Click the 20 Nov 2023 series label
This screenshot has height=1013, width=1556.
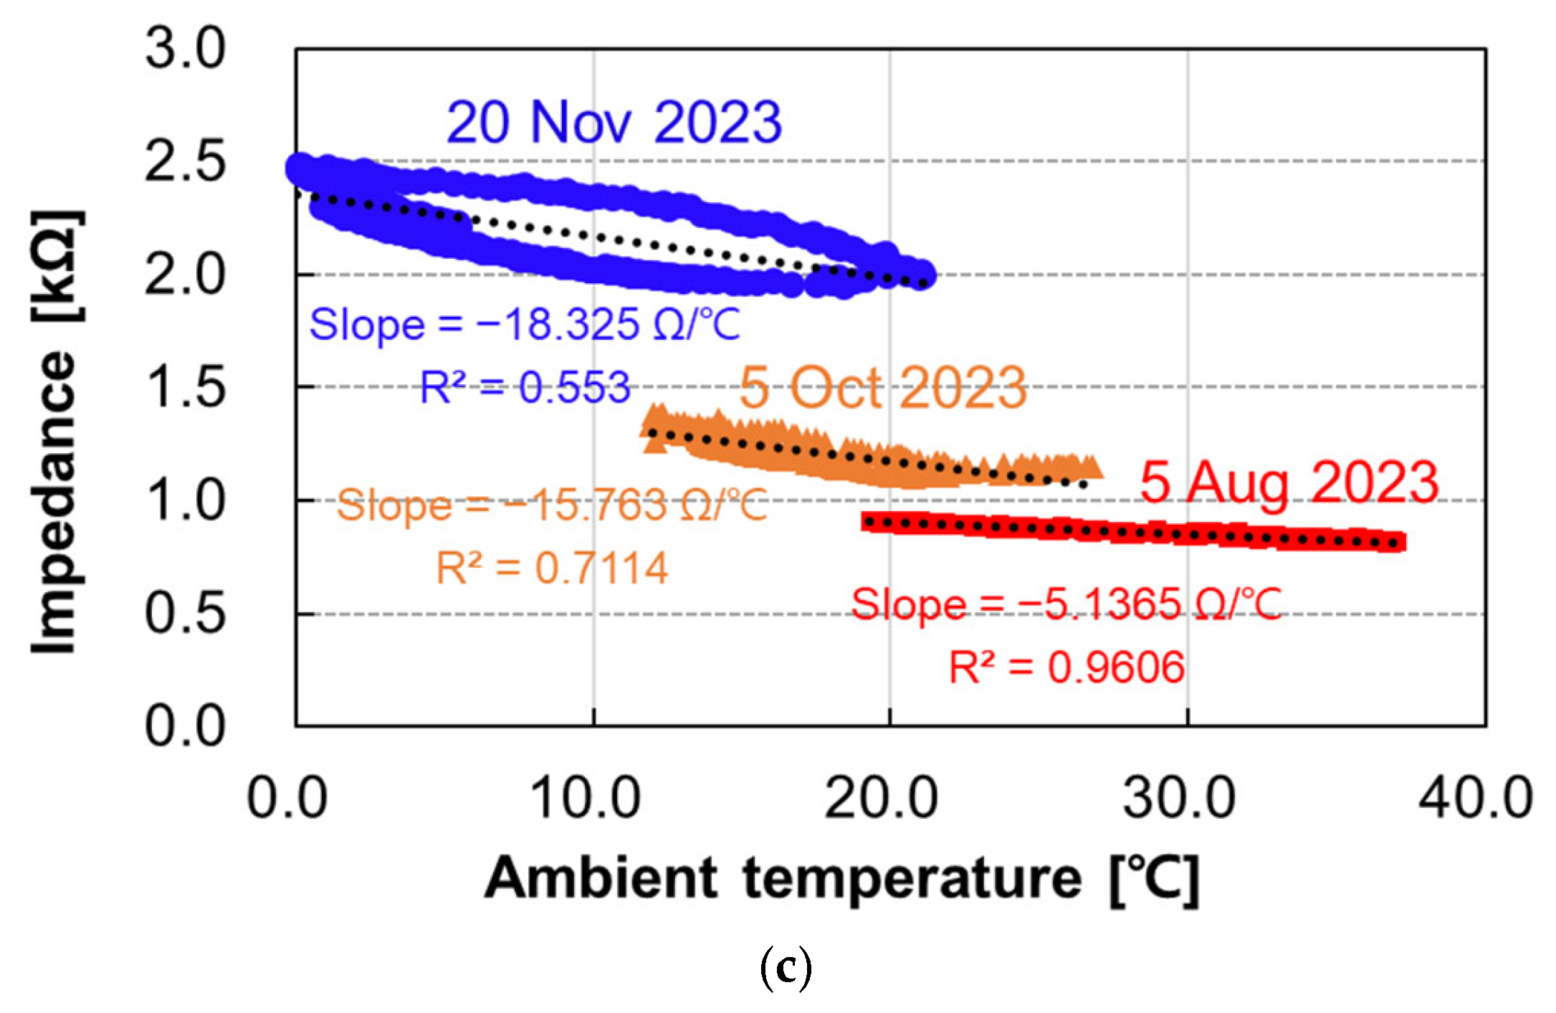[x=614, y=123]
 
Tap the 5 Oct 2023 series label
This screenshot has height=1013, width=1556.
[x=883, y=388]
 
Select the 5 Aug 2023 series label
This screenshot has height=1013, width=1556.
[x=1289, y=482]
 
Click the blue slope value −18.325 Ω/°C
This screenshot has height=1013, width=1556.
[x=525, y=325]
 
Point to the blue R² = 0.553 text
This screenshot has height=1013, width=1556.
[x=525, y=388]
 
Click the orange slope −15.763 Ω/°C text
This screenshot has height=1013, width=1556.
[x=552, y=505]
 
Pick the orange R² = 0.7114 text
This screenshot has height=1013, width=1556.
[x=552, y=569]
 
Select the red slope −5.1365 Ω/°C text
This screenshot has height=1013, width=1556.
[x=1066, y=604]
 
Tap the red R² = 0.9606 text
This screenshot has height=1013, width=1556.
[x=1066, y=667]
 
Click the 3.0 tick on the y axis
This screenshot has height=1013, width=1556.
[x=185, y=49]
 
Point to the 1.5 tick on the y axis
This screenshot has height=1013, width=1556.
[x=185, y=388]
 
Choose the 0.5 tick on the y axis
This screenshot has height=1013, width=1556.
[x=185, y=614]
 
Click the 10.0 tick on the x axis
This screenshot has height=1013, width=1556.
[x=584, y=798]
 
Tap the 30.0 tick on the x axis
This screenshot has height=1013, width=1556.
[x=1179, y=798]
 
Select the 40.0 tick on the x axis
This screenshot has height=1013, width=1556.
[x=1476, y=798]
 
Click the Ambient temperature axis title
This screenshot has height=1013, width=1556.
[x=841, y=879]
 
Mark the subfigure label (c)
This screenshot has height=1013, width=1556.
[x=786, y=968]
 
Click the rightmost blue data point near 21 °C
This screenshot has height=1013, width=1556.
[x=924, y=274]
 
